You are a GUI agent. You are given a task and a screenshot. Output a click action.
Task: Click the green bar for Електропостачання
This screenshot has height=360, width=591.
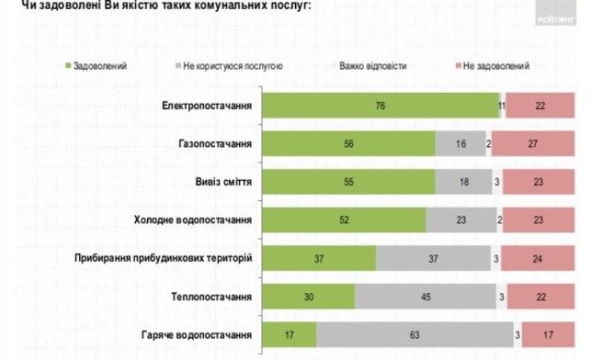[x=381, y=106]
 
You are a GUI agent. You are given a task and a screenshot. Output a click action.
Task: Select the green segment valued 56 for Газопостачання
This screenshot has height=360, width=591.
[x=349, y=143]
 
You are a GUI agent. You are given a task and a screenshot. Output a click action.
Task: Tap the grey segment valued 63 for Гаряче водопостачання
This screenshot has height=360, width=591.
[x=415, y=335]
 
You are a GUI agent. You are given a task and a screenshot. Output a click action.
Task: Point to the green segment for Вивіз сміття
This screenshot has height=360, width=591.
[x=348, y=182]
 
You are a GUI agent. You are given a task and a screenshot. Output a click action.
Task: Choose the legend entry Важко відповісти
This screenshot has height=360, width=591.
[x=368, y=66]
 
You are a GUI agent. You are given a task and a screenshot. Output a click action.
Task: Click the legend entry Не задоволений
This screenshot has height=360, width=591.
[x=497, y=66]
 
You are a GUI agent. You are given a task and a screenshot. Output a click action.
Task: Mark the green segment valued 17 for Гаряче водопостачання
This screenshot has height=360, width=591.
[x=290, y=335]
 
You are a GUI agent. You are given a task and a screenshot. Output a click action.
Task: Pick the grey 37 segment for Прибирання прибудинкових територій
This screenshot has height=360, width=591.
[x=433, y=258]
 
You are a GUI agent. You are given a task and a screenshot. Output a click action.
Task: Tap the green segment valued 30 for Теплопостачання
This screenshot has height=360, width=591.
[x=309, y=297]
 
